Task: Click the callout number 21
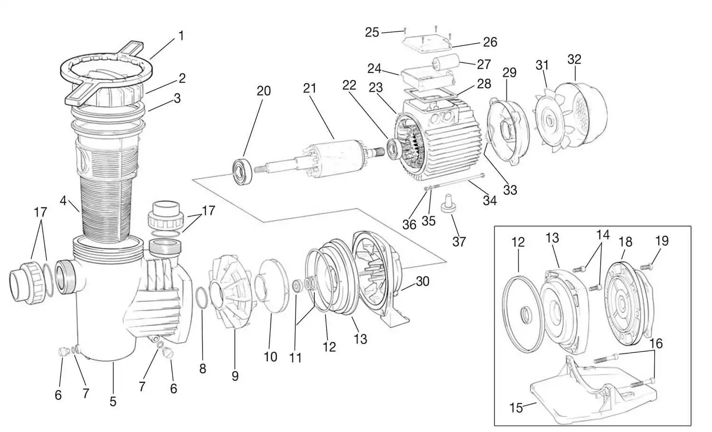coord(309,88)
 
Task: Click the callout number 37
coord(459,242)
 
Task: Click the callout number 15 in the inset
coord(516,407)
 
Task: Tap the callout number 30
coord(422,281)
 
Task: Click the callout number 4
coord(63,201)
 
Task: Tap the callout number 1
coord(181,36)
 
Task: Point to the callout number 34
coord(489,201)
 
